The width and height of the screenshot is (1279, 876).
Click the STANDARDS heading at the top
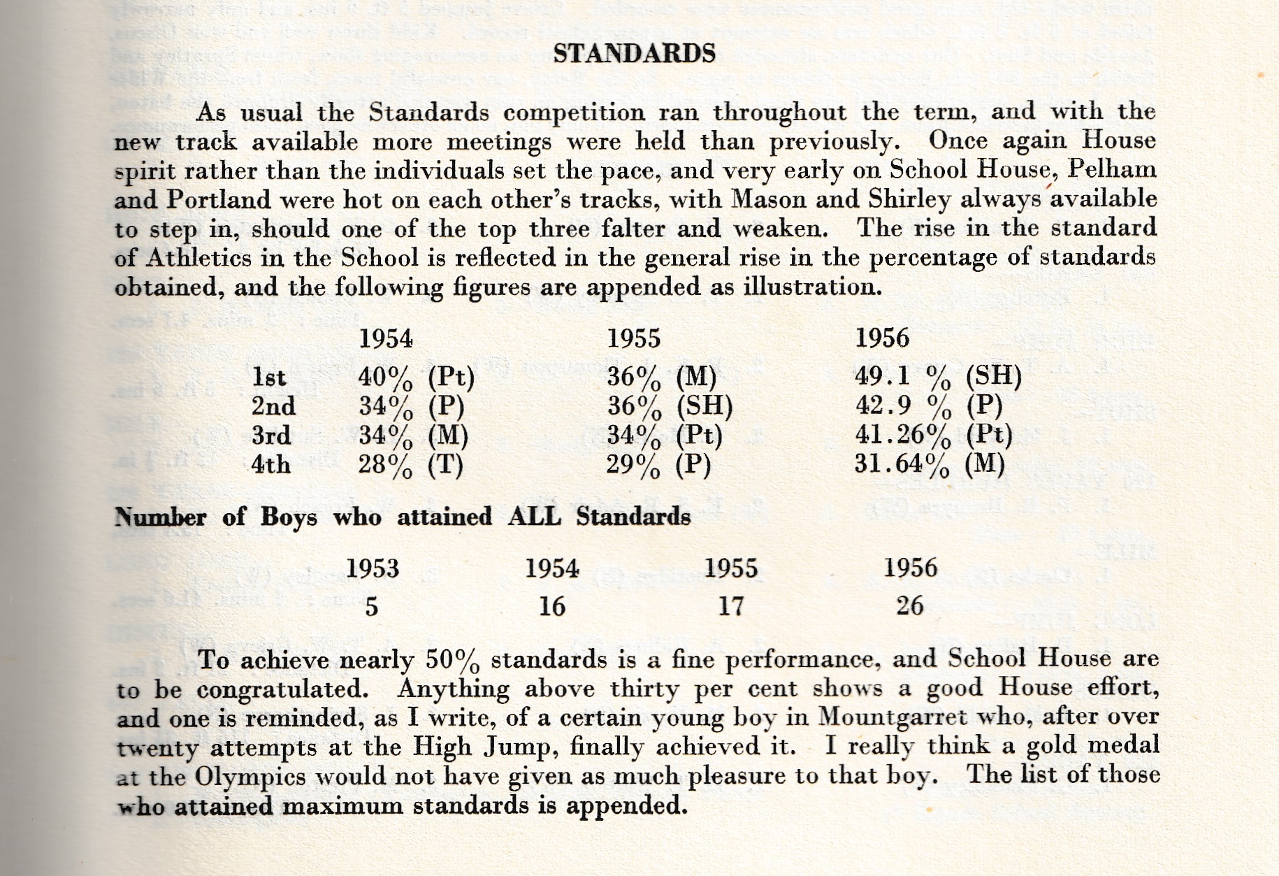tap(634, 53)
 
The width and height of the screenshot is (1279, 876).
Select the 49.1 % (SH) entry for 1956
tap(938, 377)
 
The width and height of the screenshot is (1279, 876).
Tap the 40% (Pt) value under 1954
tap(416, 378)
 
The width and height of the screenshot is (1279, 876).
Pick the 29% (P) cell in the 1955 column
tap(658, 465)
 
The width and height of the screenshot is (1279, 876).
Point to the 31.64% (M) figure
tap(929, 464)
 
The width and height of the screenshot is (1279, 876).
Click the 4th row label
tap(270, 464)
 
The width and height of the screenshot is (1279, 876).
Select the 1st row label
tap(269, 378)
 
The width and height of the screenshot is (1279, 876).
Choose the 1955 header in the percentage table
tap(633, 339)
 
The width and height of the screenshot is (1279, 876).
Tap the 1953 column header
tap(373, 568)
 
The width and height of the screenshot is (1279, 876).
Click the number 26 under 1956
tap(910, 605)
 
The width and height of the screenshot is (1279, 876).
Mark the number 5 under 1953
tap(371, 606)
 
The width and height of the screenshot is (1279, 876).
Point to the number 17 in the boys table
tap(730, 605)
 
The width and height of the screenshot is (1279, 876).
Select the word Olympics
tap(250, 777)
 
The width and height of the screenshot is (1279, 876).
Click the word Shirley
tap(909, 200)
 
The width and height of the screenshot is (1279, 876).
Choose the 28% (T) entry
tap(411, 465)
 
